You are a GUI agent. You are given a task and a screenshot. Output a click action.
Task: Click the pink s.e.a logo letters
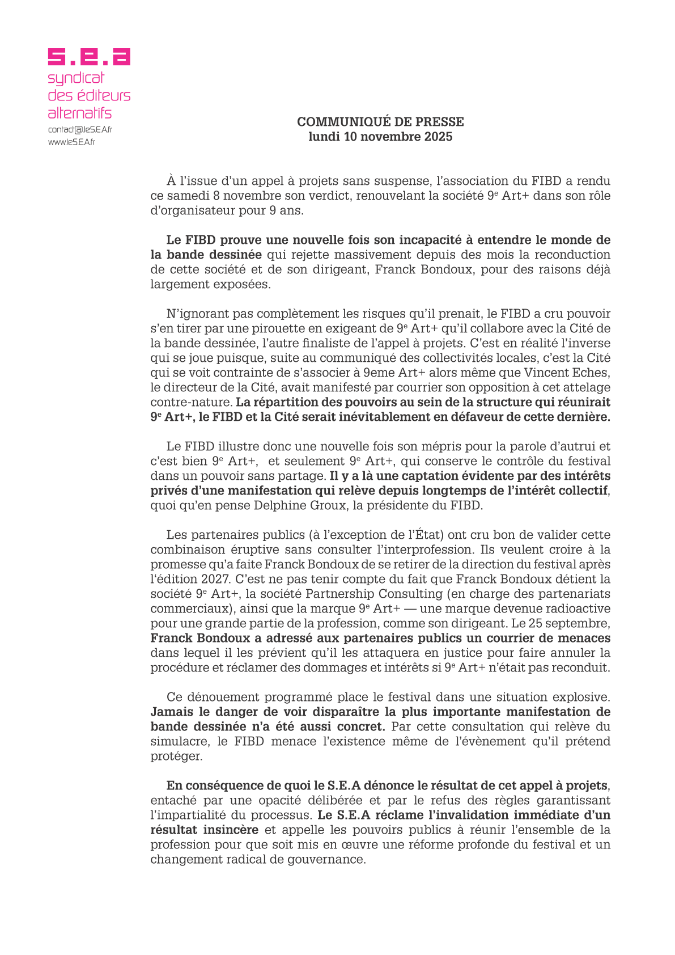[89, 57]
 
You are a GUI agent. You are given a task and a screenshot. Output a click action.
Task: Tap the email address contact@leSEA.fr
[80, 129]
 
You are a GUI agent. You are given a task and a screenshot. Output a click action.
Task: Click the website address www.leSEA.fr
[71, 142]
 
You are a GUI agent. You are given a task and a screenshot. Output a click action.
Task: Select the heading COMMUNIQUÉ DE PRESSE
[380, 122]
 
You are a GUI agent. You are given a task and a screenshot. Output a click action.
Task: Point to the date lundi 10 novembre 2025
[380, 137]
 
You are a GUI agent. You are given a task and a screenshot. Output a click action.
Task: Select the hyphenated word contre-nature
[191, 402]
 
